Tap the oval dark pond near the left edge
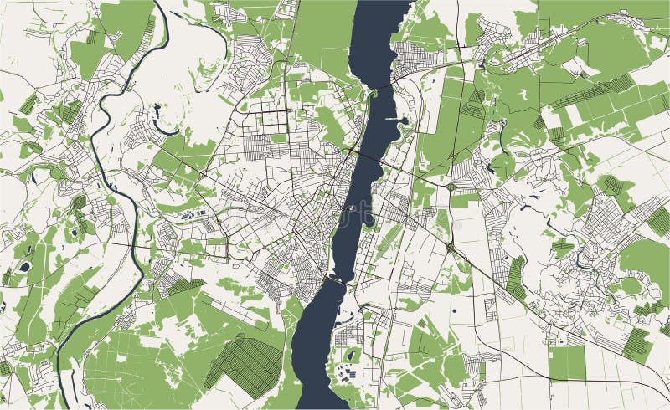24,267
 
